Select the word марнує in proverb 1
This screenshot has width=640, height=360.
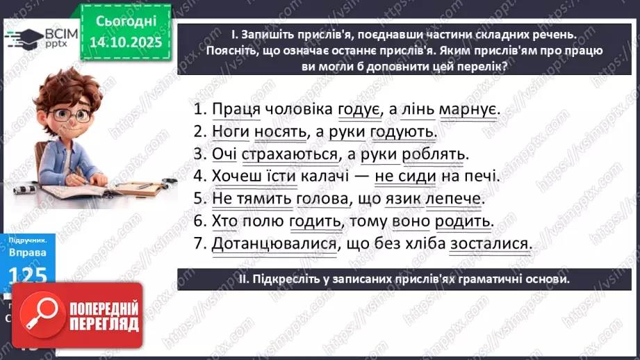coord(470,110)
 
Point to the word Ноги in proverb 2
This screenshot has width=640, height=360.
coord(230,131)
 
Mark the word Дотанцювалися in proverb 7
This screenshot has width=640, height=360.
coord(274,243)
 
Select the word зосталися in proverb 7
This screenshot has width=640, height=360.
coord(489,243)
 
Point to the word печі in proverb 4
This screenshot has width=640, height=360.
coord(482,176)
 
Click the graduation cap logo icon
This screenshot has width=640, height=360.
coord(23,36)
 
